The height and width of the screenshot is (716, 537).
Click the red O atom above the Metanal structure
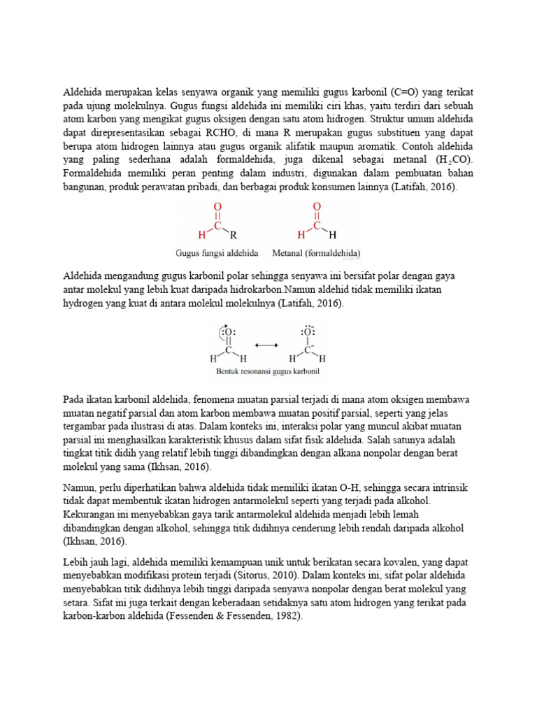click(317, 207)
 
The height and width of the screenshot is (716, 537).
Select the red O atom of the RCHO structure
click(217, 207)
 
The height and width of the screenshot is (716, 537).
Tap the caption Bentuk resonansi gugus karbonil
click(266, 371)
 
